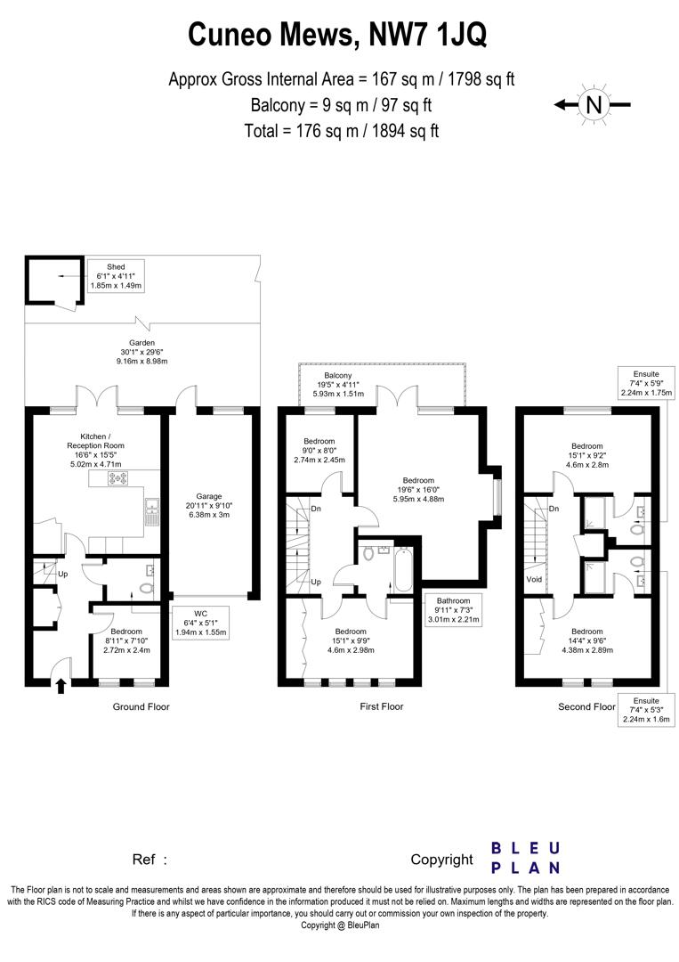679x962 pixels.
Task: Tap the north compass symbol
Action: pyautogui.click(x=594, y=104)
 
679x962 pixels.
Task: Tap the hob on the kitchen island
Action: pyautogui.click(x=118, y=479)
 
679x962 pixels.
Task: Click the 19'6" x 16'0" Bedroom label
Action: pyautogui.click(x=418, y=493)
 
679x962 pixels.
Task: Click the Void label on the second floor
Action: pyautogui.click(x=534, y=578)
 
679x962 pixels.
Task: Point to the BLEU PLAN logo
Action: pyautogui.click(x=526, y=857)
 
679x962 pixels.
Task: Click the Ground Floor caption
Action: pyautogui.click(x=141, y=707)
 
